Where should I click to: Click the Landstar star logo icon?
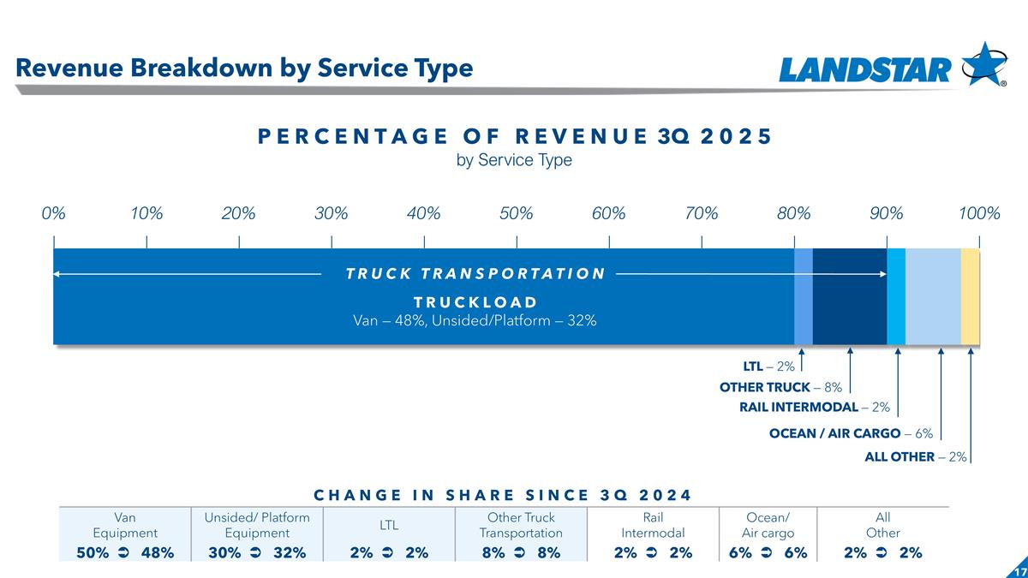pos(984,64)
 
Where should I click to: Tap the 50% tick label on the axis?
pos(517,214)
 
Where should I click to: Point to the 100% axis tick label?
pos(979,214)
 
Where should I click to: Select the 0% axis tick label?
pos(54,214)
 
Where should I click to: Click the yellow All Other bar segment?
pos(970,296)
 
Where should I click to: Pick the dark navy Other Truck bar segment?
pos(849,296)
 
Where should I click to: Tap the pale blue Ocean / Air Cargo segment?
pos(933,296)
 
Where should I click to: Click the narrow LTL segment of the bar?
pos(804,296)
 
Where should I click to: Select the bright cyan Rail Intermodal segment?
pos(896,296)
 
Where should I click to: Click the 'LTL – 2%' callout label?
pos(768,367)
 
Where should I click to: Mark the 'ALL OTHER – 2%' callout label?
pos(915,457)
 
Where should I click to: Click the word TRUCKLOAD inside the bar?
pos(475,302)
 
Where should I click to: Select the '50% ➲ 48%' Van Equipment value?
pos(125,553)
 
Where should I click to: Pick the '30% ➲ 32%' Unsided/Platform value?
pos(257,553)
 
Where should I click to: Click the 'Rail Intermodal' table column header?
pos(653,525)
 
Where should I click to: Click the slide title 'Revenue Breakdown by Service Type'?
pos(244,68)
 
